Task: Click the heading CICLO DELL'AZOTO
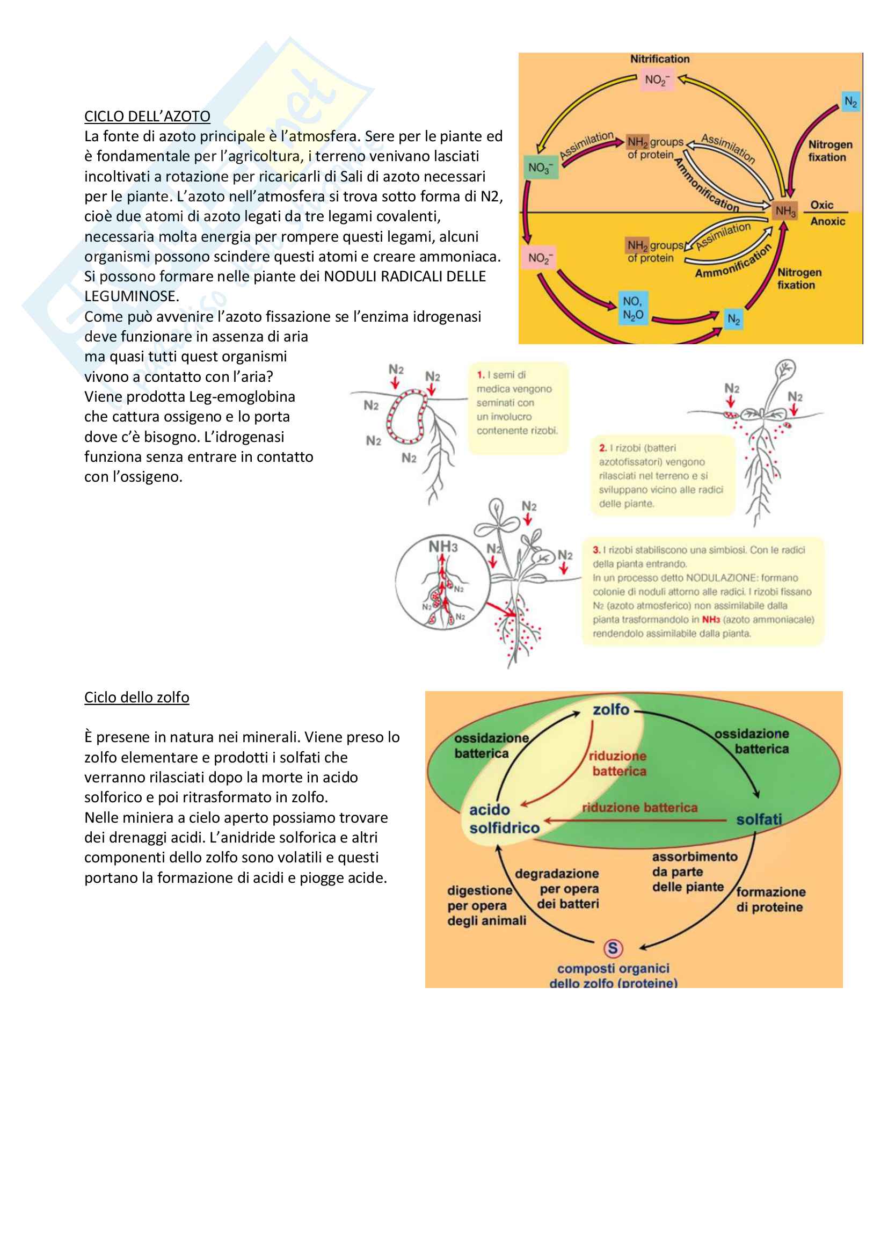(x=147, y=117)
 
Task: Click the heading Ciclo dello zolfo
(x=137, y=698)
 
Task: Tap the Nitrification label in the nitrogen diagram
(x=659, y=59)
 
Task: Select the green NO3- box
(x=540, y=168)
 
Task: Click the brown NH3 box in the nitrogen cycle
(x=785, y=211)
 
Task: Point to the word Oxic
(x=821, y=205)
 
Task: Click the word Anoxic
(x=827, y=222)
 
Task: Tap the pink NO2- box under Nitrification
(x=657, y=80)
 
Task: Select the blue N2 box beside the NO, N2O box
(x=733, y=320)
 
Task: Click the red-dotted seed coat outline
(x=406, y=417)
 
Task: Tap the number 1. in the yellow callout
(x=481, y=375)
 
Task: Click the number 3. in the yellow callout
(x=596, y=550)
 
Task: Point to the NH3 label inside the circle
(x=443, y=547)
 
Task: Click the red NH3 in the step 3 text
(x=711, y=620)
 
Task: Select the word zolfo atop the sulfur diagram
(x=611, y=709)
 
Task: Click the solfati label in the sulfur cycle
(x=759, y=819)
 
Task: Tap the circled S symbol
(x=613, y=948)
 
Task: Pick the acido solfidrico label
(x=504, y=819)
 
